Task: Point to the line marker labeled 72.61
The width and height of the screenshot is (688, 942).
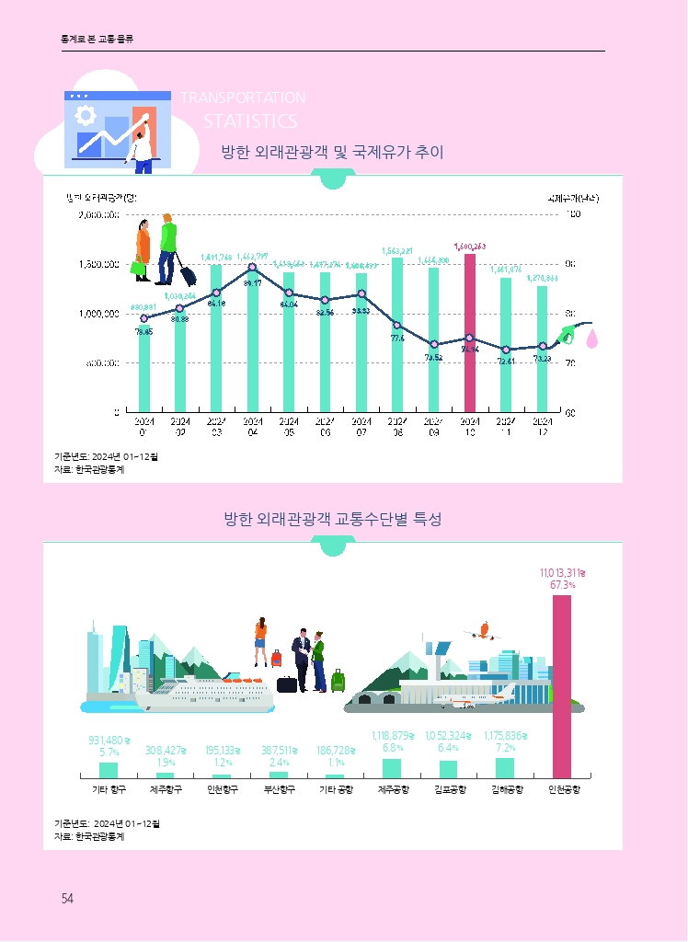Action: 506,350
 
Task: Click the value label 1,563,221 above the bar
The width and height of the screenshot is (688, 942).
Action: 396,250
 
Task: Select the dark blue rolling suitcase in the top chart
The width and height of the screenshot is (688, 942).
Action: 187,274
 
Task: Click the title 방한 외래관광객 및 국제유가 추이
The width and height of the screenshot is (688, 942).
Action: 333,153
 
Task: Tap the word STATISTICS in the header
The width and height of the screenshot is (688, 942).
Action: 250,121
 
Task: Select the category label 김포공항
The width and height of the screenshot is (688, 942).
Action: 448,790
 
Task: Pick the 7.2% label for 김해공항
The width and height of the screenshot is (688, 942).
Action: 505,748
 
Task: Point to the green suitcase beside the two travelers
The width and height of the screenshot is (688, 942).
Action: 338,682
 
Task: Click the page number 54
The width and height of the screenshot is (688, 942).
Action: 67,899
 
